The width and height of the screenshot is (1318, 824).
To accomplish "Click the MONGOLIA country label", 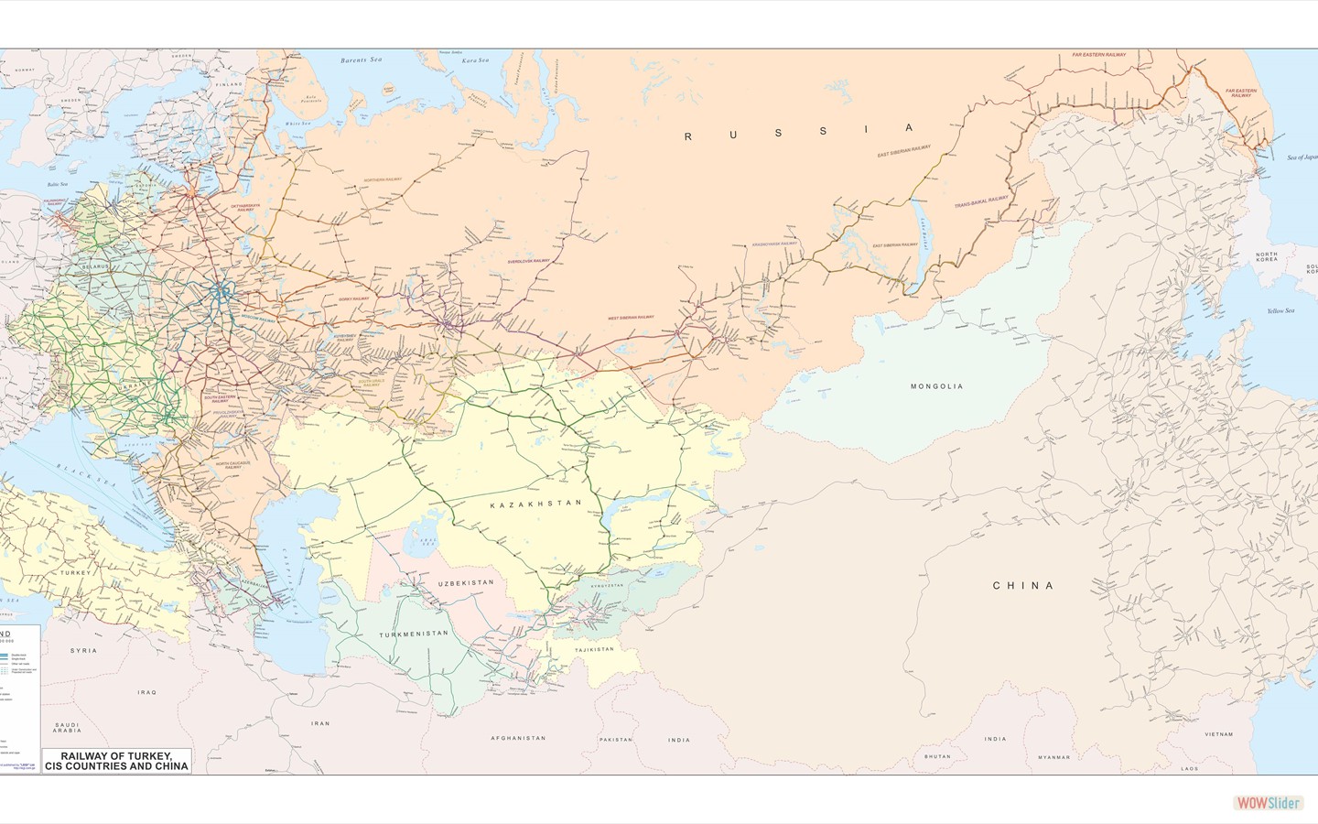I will click(x=936, y=386).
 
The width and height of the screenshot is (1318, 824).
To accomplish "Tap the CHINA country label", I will click(x=1023, y=585).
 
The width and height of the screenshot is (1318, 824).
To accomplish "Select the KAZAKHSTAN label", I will click(x=536, y=504).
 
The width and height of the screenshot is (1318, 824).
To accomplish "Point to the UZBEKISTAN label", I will click(x=466, y=582).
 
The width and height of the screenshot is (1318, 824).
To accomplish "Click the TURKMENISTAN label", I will click(x=414, y=634).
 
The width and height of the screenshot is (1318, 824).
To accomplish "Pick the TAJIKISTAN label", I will click(x=594, y=649).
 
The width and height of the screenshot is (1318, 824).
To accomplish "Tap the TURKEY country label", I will click(x=77, y=572).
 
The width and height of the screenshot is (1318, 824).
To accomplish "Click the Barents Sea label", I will click(x=361, y=60).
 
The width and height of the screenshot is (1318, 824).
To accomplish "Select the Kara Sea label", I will click(x=475, y=60).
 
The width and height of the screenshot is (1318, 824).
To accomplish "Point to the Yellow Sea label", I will click(x=1280, y=310).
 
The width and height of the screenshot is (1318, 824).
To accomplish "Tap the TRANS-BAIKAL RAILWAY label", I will click(x=981, y=201).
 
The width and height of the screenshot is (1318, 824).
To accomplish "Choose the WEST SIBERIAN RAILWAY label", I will click(x=632, y=318).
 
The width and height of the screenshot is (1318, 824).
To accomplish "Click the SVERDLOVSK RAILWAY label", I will click(x=529, y=261).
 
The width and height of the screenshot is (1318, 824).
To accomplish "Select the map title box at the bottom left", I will click(x=117, y=761).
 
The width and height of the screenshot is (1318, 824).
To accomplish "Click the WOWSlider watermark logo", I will click(x=1268, y=803).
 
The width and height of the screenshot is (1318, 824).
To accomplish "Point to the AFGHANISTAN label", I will click(x=518, y=738).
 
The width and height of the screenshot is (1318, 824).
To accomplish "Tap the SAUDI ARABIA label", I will click(x=67, y=727).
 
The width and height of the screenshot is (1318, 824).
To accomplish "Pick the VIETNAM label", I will click(x=1218, y=733).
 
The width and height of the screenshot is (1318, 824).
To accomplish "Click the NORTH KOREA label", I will click(x=1267, y=256).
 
